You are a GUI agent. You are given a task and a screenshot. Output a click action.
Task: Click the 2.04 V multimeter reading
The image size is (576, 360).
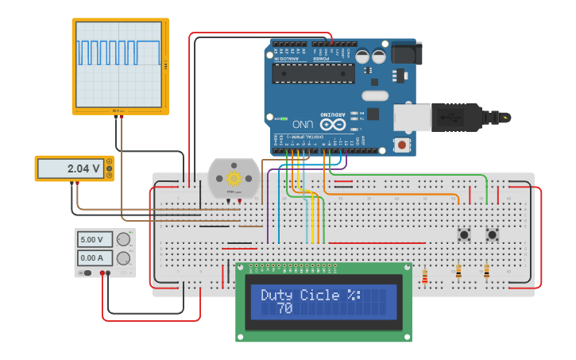pos(83,168)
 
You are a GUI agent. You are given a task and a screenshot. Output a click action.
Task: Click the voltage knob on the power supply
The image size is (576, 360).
pos(123,239)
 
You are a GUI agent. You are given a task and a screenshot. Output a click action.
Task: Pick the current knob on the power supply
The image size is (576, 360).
pos(123,257)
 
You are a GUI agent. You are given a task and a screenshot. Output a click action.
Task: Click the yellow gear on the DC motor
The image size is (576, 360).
pos(234,178)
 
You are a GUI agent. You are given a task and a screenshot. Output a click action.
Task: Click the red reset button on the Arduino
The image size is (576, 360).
pos(404,145)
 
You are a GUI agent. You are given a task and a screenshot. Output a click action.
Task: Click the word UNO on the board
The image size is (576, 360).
pos(302,125)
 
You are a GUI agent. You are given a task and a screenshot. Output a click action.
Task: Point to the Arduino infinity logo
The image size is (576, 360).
pos(334,125)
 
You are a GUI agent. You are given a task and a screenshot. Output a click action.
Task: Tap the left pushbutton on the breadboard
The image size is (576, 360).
pos(462,234)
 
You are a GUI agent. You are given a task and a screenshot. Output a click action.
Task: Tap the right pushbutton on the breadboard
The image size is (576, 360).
pos(492,234)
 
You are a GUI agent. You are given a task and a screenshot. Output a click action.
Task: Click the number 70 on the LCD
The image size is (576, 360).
pos(284,308)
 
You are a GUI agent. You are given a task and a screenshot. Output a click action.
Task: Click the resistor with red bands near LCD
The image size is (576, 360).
pos(425,277)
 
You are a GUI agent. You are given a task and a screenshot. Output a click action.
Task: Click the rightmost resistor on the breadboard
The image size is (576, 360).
pos(486,272)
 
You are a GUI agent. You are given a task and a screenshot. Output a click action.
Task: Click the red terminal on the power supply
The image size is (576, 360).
pos(103,273)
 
